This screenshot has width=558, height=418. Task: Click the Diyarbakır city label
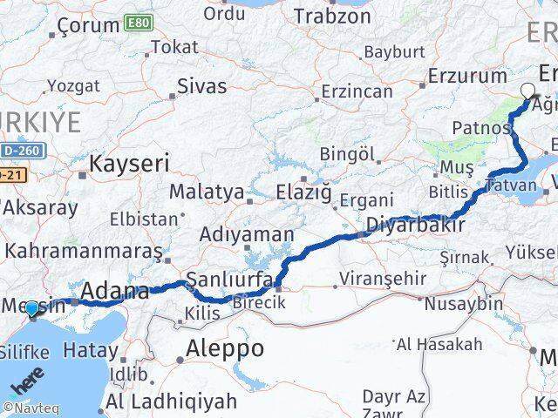414,226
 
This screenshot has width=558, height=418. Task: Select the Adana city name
115,292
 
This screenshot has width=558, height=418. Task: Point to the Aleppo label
225,349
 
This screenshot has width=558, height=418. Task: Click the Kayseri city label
129,163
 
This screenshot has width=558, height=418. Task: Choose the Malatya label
203,191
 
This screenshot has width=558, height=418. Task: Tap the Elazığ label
303,191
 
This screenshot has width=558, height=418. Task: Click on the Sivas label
201,86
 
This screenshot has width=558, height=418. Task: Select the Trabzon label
332,16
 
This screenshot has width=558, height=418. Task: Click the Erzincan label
358,91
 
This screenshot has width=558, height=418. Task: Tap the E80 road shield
137,21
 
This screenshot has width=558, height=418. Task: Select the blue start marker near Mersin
31,309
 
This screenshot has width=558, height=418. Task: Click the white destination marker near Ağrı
527,89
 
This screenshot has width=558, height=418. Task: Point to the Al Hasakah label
439,344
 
